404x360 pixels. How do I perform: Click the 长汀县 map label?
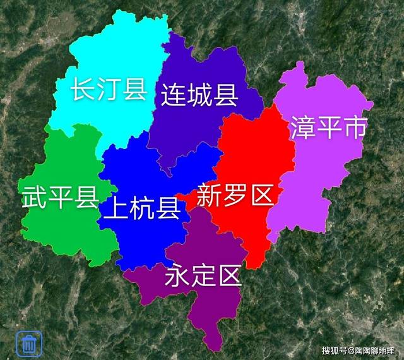(x=108, y=89)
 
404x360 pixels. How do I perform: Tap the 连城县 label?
(x=199, y=95)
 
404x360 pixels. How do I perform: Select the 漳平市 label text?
(x=328, y=129)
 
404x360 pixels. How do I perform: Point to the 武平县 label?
(x=60, y=198)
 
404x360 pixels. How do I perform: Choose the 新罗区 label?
(x=234, y=196)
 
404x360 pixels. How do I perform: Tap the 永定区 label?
(x=203, y=276)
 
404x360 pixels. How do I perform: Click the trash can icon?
(x=28, y=344)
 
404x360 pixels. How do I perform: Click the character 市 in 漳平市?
(x=354, y=129)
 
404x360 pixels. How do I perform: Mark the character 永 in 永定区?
(x=177, y=276)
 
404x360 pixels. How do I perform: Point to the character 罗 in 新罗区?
(x=234, y=196)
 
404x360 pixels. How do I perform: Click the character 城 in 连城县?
(x=199, y=95)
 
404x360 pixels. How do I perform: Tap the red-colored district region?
(x=252, y=158)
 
